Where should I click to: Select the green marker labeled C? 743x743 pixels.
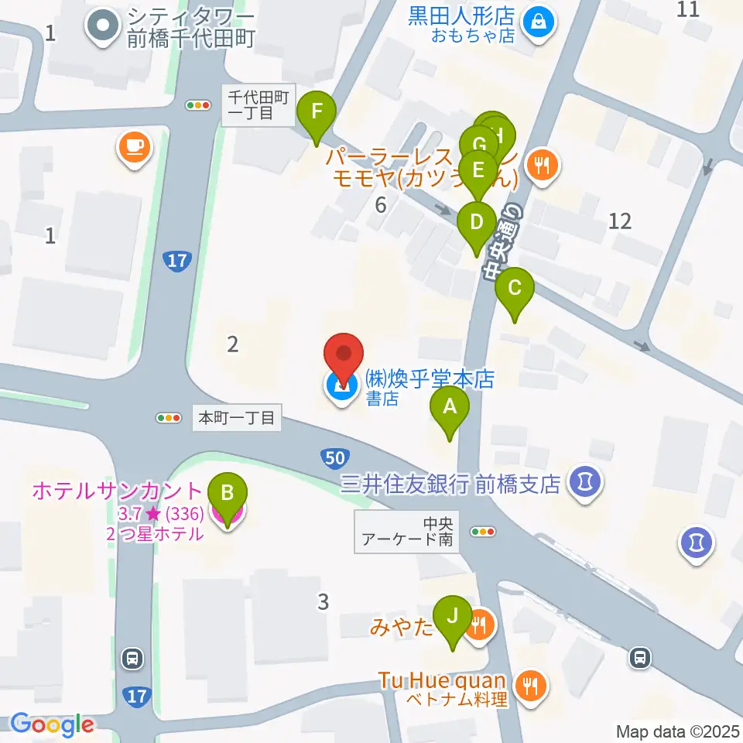point(515,289)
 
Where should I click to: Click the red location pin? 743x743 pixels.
point(343,357)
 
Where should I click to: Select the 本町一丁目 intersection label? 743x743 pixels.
point(237,418)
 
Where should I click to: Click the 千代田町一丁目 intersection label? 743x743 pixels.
point(259,104)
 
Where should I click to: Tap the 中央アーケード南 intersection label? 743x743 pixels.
point(406,530)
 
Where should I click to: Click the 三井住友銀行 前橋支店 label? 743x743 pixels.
point(450,484)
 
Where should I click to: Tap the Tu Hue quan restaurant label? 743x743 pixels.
point(442,682)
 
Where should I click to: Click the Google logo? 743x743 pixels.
point(52,725)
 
